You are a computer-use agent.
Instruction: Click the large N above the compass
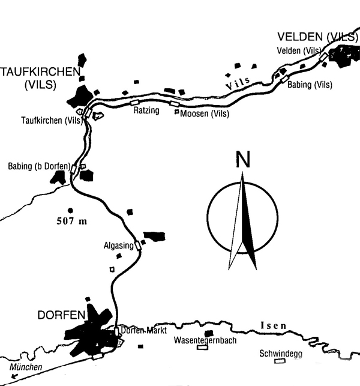[x=243, y=159]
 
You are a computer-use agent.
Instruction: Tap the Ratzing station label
[x=146, y=110]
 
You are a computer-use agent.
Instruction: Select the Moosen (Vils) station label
[x=205, y=113]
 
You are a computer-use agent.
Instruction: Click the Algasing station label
[x=119, y=246]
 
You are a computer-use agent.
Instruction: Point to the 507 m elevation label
[x=72, y=221]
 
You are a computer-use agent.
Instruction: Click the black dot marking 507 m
[x=70, y=210]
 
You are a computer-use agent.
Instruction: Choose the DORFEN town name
[x=61, y=315]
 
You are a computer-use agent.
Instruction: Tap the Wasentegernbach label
[x=205, y=340]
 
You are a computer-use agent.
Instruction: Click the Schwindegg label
[x=281, y=354]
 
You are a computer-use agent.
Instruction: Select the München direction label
[x=26, y=367]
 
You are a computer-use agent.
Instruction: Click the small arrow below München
[x=14, y=376]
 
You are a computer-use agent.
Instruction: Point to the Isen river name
[x=274, y=326]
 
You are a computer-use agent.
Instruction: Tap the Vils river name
[x=238, y=83]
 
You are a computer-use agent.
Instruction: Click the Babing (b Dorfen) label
[x=40, y=166]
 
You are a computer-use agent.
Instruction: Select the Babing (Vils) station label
[x=310, y=85]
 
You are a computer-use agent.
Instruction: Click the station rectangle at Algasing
[x=138, y=246]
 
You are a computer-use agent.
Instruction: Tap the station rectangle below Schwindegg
[x=280, y=361]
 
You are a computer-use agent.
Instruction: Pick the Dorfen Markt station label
[x=144, y=330]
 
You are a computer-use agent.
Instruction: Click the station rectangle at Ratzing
[x=134, y=103]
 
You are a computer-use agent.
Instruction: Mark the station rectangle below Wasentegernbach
[x=203, y=347]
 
